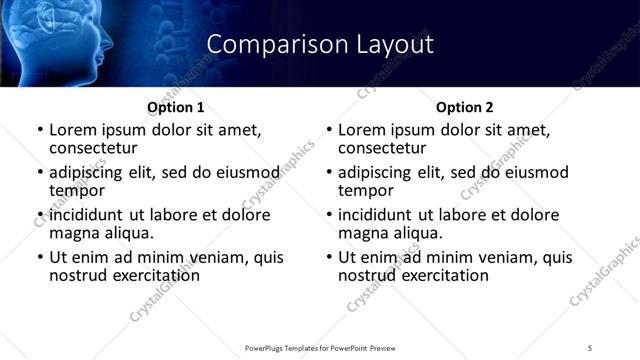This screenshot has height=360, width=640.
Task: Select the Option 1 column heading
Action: [x=176, y=107]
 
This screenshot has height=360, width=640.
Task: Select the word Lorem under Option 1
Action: [x=73, y=130]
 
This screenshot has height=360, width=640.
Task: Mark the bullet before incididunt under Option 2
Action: [x=329, y=215]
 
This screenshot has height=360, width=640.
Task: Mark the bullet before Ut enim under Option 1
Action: [x=40, y=257]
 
